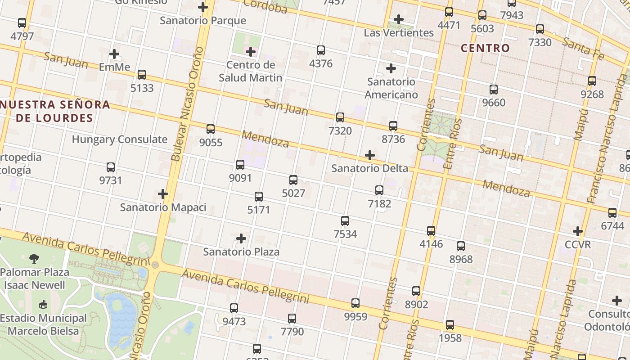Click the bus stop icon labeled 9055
(x=211, y=129)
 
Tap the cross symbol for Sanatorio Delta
(x=370, y=155)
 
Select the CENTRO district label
(x=485, y=48)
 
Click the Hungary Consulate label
(x=120, y=139)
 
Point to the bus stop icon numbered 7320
(x=340, y=117)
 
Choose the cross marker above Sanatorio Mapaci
(x=163, y=194)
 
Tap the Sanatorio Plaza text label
(x=241, y=252)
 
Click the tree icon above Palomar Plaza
(x=34, y=258)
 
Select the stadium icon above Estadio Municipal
(x=43, y=305)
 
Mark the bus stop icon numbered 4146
(x=431, y=231)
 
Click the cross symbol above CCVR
(x=578, y=232)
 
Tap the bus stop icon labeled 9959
(x=355, y=303)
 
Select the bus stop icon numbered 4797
(x=22, y=23)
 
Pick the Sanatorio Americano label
(x=391, y=88)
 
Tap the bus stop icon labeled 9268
(x=592, y=81)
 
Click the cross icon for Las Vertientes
(x=398, y=19)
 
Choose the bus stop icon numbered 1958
(x=450, y=325)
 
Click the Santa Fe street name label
(x=583, y=48)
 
